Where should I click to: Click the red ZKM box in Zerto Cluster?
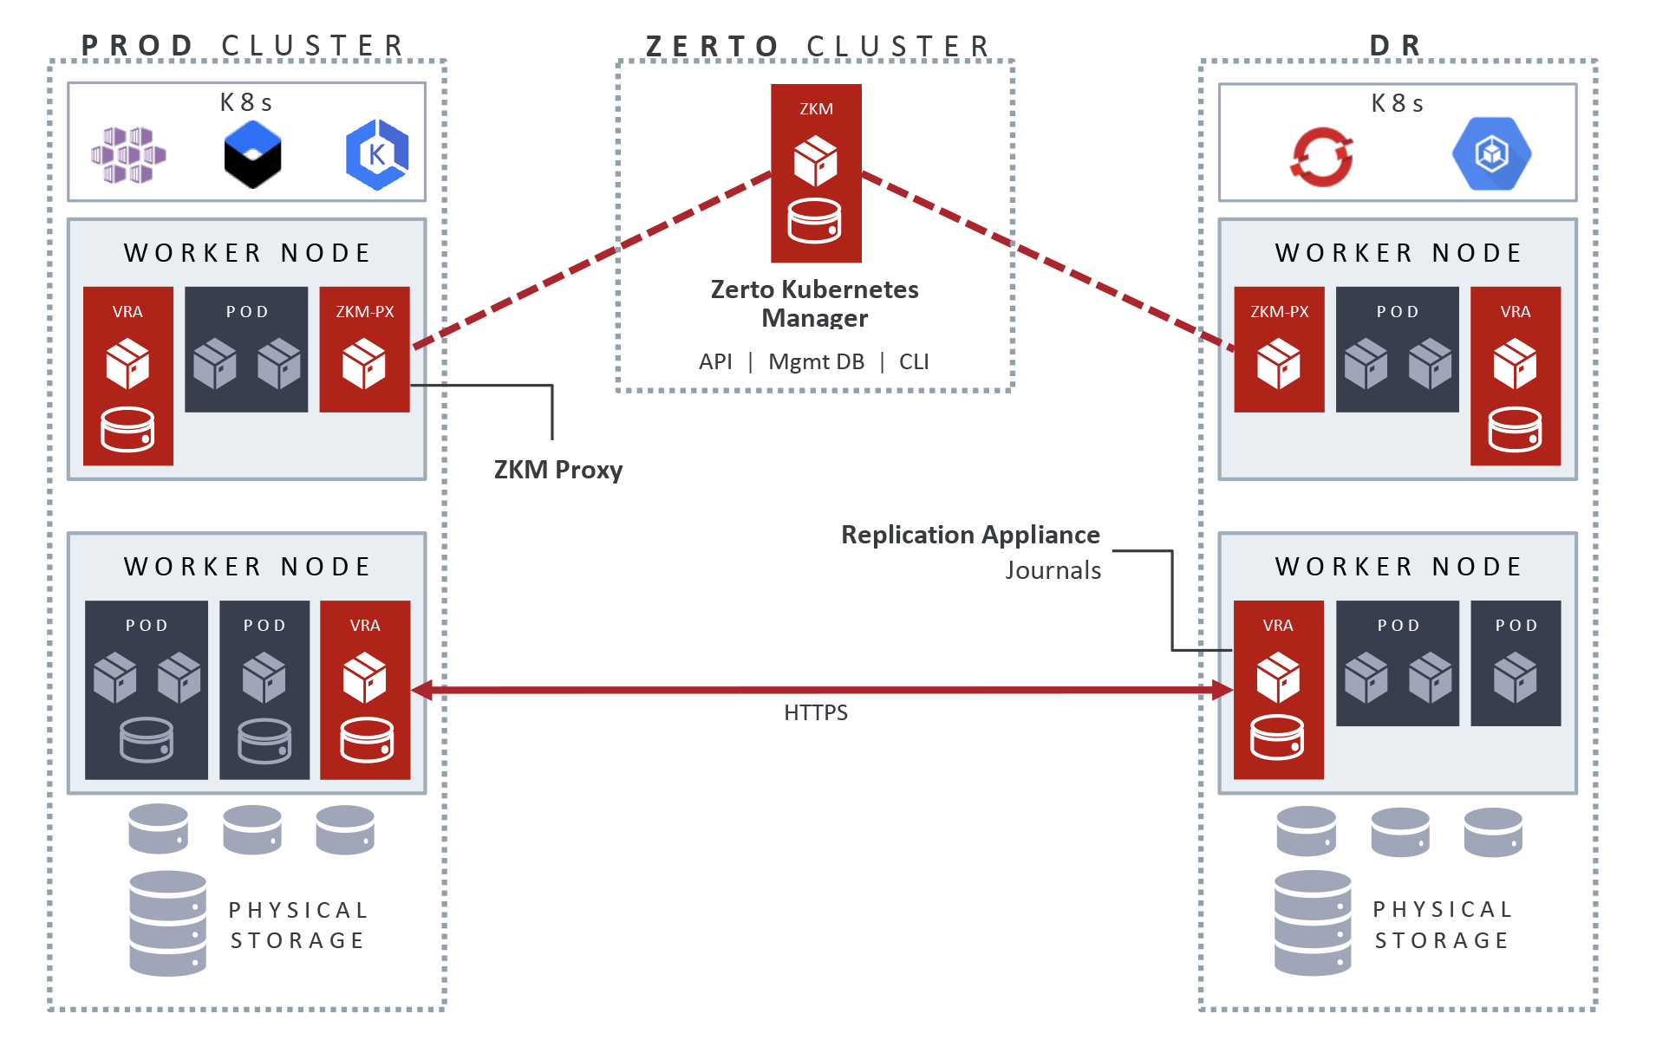click(x=816, y=173)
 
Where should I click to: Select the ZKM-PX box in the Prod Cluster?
click(x=364, y=349)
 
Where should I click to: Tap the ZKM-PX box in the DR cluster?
click(x=1279, y=349)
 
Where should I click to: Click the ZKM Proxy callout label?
click(x=558, y=470)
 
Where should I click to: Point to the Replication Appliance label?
click(x=970, y=535)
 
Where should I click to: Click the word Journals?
click(x=1053, y=570)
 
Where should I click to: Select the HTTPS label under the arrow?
click(x=815, y=712)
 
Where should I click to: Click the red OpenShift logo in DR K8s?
click(x=1322, y=157)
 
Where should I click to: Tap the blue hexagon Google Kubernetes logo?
click(x=1491, y=154)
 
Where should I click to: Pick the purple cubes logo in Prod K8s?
click(x=128, y=155)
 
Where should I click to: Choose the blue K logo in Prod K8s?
click(x=377, y=154)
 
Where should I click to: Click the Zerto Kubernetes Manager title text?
click(x=815, y=303)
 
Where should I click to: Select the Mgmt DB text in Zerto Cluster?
click(x=816, y=361)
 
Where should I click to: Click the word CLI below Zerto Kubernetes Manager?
click(x=914, y=361)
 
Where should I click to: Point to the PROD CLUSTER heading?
click(x=244, y=45)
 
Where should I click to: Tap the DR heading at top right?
click(x=1396, y=45)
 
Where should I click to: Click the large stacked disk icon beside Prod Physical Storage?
click(x=167, y=924)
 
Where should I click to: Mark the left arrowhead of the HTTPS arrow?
click(x=421, y=690)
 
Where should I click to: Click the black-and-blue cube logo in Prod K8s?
click(x=252, y=155)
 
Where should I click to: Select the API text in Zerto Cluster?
click(x=715, y=361)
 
